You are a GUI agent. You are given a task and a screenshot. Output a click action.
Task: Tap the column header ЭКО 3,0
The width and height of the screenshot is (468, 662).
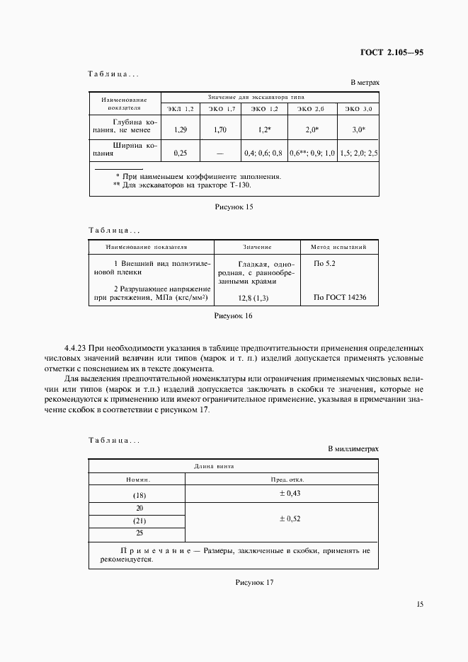pyautogui.click(x=358, y=108)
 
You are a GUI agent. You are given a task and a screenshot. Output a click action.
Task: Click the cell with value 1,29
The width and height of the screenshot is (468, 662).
pyautogui.click(x=181, y=130)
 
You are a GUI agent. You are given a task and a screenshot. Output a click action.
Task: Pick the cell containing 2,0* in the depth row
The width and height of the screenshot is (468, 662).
pyautogui.click(x=312, y=130)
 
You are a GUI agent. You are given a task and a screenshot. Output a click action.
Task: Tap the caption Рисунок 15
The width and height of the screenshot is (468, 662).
pyautogui.click(x=234, y=207)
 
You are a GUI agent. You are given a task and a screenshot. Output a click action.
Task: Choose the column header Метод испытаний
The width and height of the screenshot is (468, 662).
pyautogui.click(x=333, y=248)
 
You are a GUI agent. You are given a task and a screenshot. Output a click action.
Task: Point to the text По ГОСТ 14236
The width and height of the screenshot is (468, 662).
pyautogui.click(x=339, y=298)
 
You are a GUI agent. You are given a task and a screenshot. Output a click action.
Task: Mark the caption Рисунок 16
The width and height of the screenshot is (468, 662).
pyautogui.click(x=234, y=316)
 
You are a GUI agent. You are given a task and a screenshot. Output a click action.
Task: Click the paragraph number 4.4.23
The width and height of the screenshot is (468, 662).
pyautogui.click(x=74, y=349)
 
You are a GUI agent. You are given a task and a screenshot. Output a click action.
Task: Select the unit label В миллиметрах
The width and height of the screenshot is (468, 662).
pyautogui.click(x=353, y=449)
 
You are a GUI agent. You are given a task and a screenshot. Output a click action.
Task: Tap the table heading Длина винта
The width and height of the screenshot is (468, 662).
pyautogui.click(x=214, y=467)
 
